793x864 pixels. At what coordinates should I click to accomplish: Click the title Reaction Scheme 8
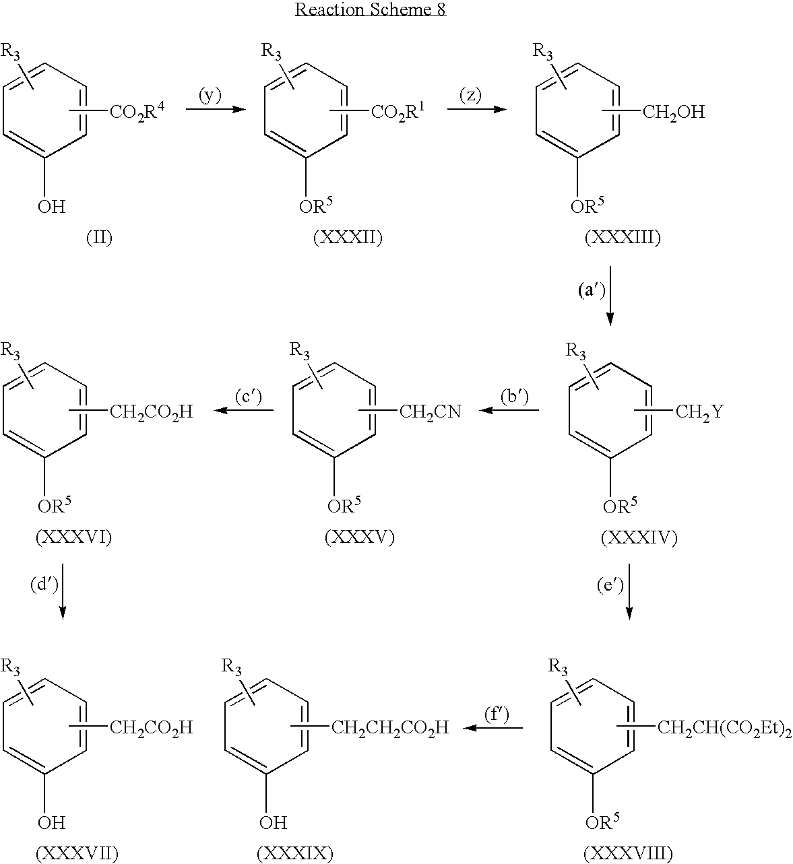pyautogui.click(x=371, y=10)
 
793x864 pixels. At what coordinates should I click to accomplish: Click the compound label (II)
pyautogui.click(x=99, y=238)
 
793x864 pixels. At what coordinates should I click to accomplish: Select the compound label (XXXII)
pyautogui.click(x=348, y=238)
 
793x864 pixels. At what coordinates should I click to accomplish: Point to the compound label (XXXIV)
pyautogui.click(x=639, y=537)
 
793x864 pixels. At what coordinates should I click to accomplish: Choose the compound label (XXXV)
pyautogui.click(x=359, y=537)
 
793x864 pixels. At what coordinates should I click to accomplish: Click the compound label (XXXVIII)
pyautogui.click(x=629, y=853)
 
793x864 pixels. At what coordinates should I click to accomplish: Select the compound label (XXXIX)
pyautogui.click(x=295, y=853)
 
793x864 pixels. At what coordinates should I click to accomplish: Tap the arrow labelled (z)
pyautogui.click(x=476, y=108)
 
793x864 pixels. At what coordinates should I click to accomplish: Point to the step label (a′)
pyautogui.click(x=592, y=291)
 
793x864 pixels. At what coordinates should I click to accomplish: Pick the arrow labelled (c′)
pyautogui.click(x=244, y=409)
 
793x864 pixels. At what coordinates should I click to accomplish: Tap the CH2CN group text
pyautogui.click(x=430, y=411)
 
